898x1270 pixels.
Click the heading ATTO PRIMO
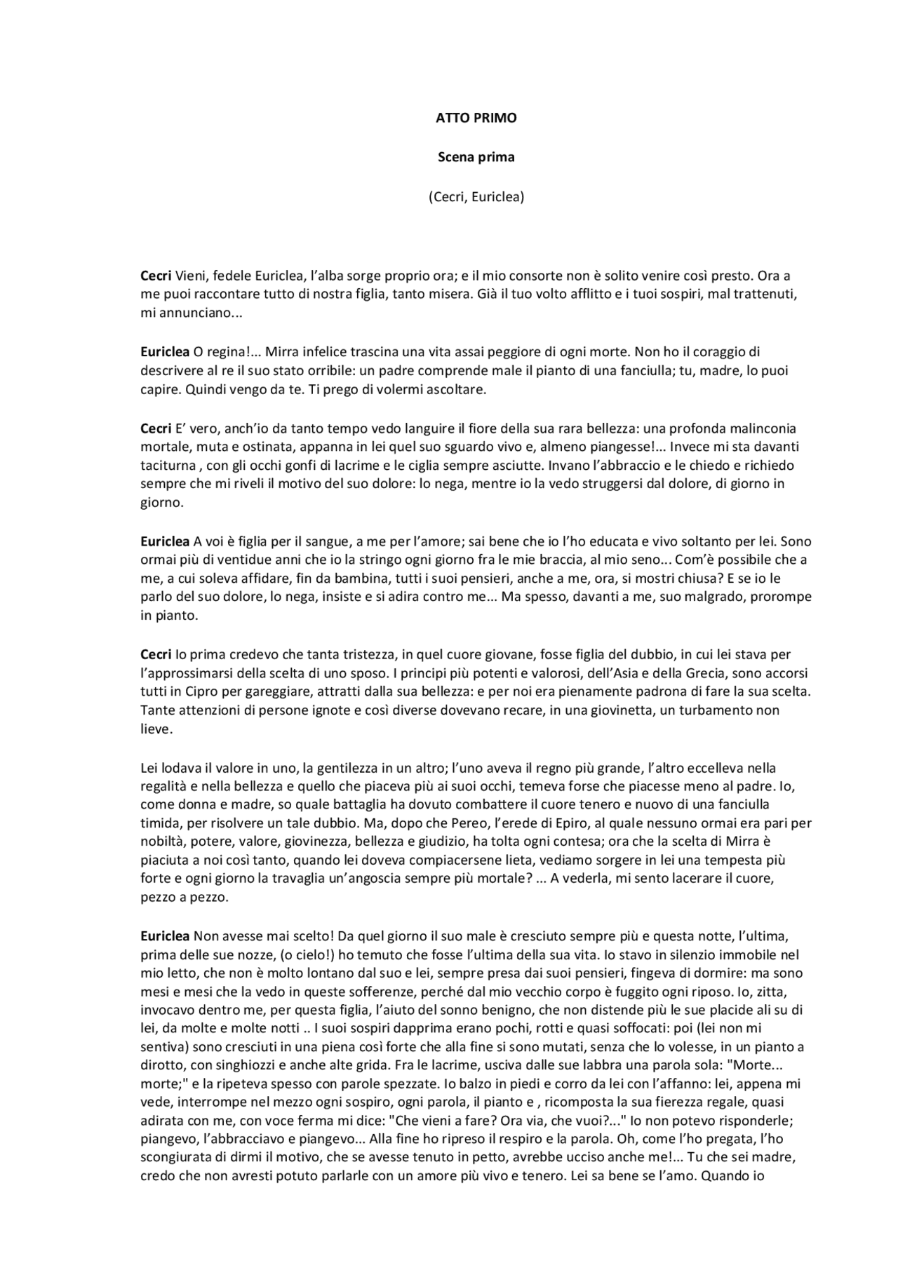[476, 118]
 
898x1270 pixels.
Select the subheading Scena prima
[476, 157]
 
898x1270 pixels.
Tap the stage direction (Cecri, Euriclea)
[476, 197]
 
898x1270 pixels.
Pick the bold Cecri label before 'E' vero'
[155, 428]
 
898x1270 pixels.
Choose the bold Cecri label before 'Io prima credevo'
[155, 654]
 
